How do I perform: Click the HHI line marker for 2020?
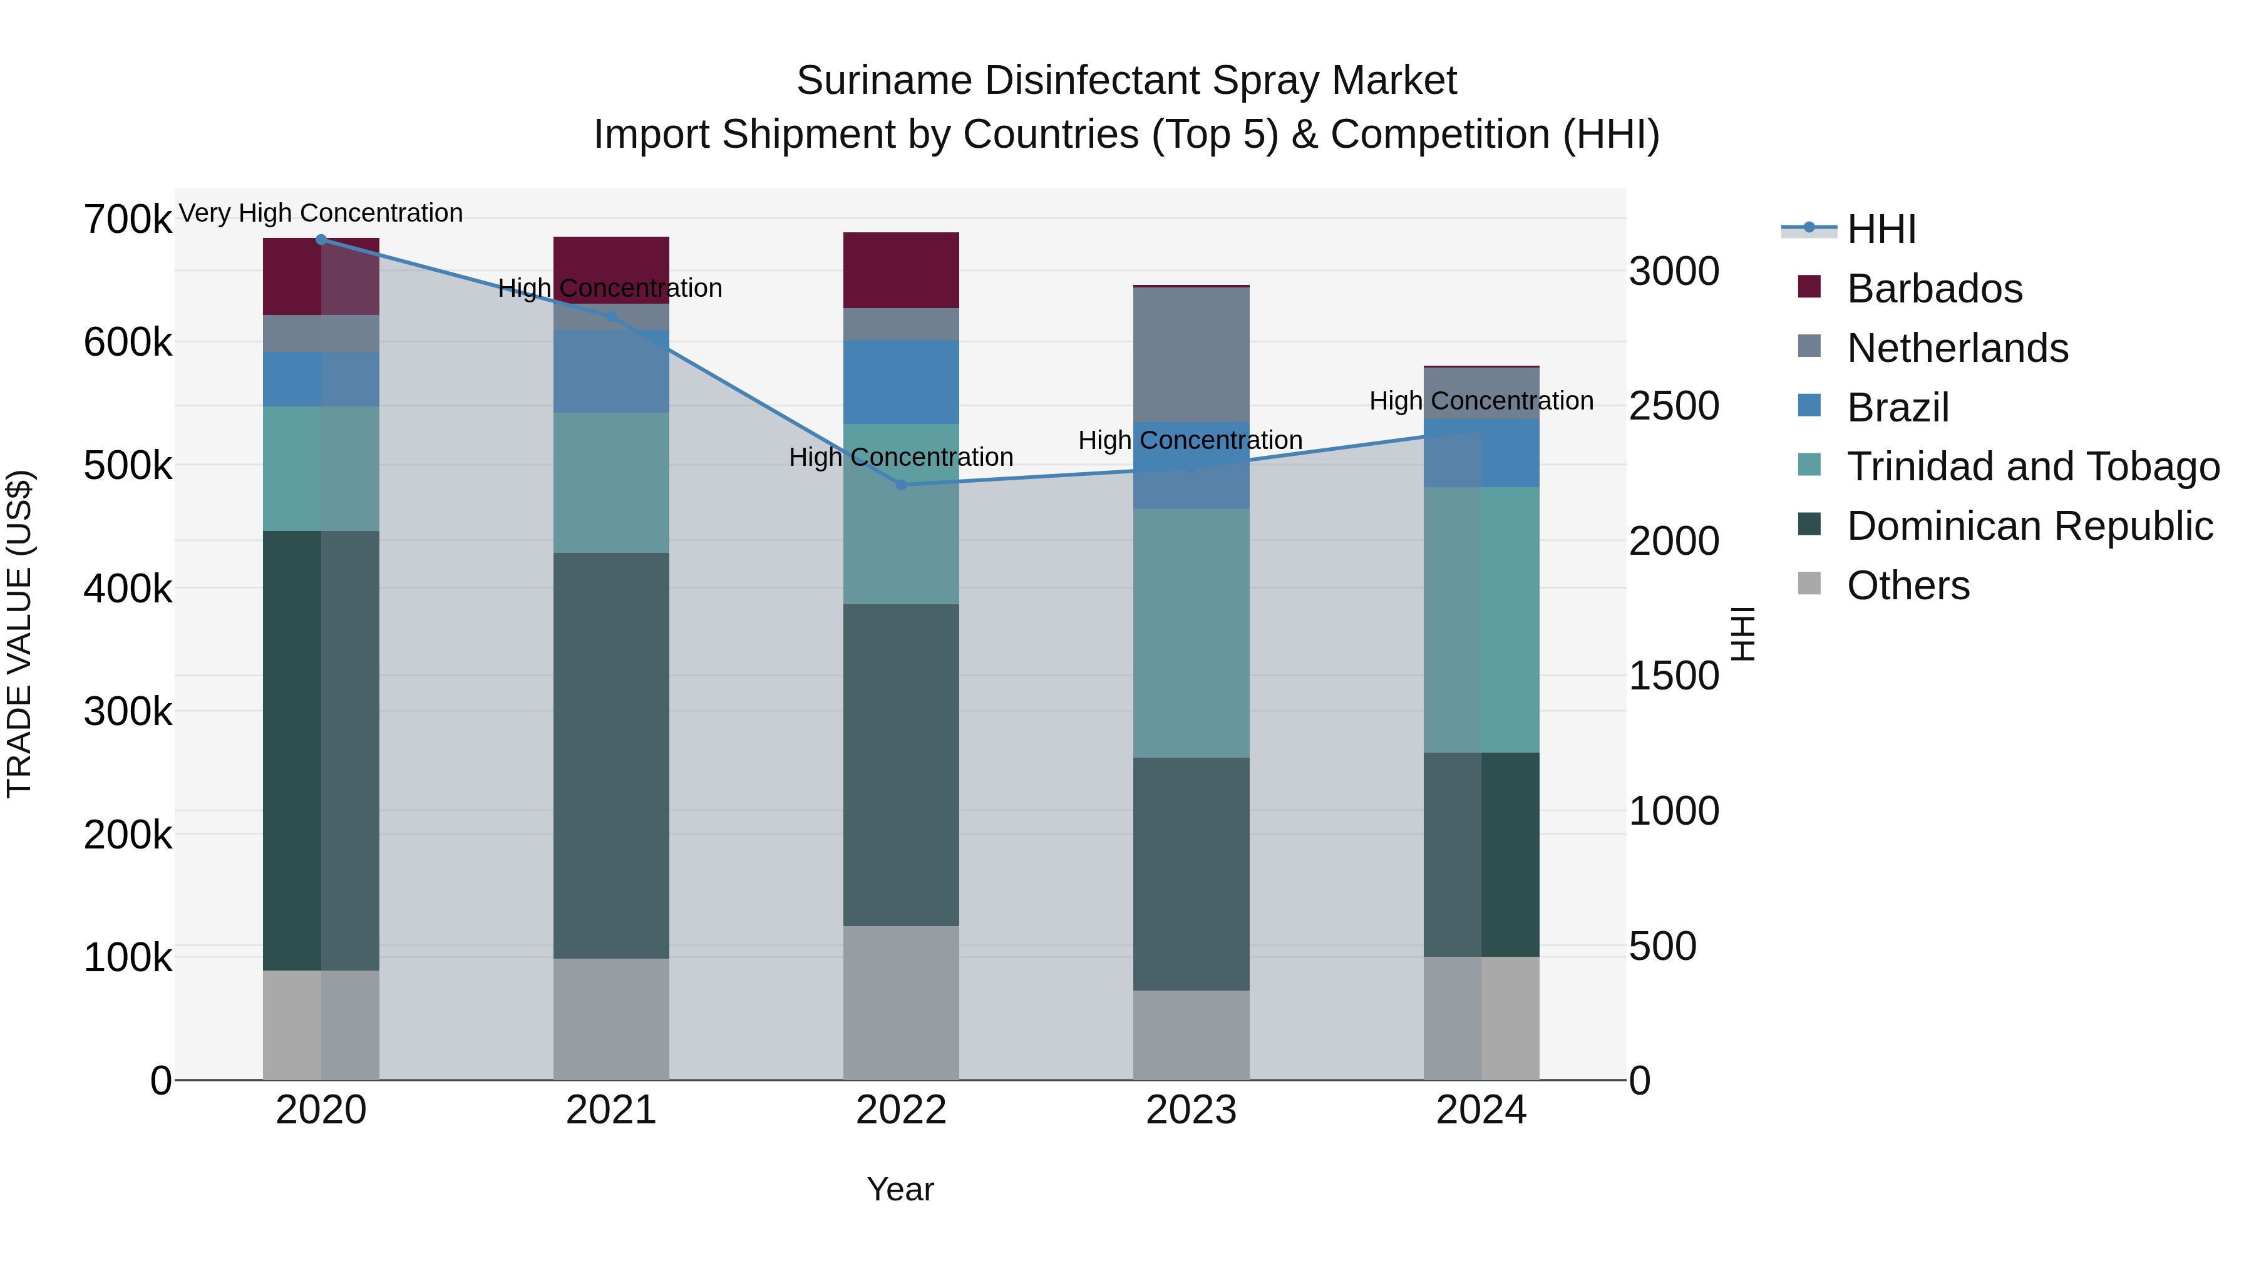click(321, 240)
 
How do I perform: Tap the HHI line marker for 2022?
click(901, 485)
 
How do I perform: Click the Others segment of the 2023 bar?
click(1191, 1035)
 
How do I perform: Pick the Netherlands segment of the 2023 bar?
click(1191, 354)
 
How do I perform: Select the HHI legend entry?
click(1881, 229)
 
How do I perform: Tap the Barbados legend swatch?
click(1809, 287)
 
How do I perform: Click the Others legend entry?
click(1908, 585)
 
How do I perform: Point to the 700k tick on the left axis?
click(128, 220)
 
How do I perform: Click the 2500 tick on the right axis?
click(1674, 406)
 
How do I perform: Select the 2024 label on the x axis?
click(1481, 1110)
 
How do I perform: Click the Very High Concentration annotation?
click(321, 214)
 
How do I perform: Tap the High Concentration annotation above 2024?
click(1481, 401)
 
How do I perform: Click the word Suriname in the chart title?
click(883, 81)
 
